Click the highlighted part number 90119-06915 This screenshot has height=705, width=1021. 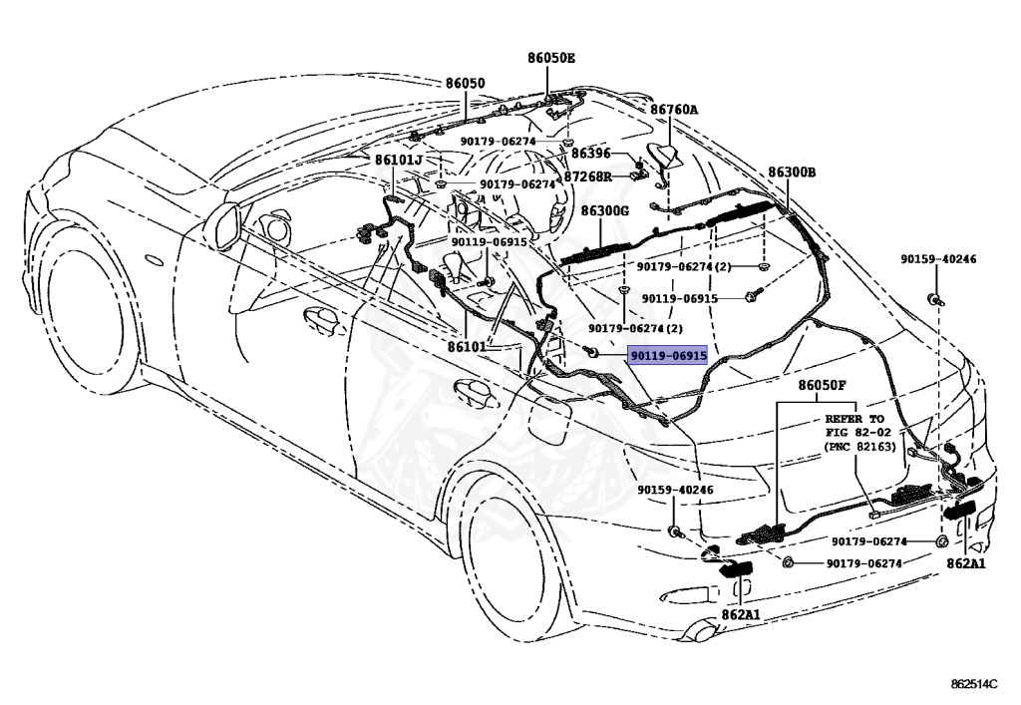tap(667, 355)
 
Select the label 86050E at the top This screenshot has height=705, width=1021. tap(551, 58)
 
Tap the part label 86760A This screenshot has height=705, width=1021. tap(674, 110)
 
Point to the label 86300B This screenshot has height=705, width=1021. tap(792, 173)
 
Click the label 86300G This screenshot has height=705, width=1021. tap(605, 211)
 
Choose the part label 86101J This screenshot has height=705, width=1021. tap(398, 160)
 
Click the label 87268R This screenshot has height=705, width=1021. tap(587, 176)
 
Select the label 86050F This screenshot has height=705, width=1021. tap(821, 385)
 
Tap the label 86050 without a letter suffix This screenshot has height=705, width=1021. tap(465, 84)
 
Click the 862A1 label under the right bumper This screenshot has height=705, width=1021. tap(965, 563)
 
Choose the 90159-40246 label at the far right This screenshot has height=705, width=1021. tap(938, 259)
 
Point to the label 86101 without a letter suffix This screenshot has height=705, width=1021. tap(467, 346)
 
